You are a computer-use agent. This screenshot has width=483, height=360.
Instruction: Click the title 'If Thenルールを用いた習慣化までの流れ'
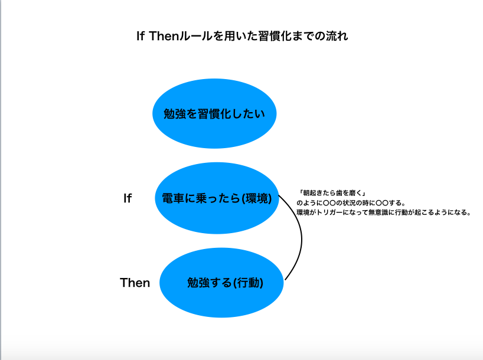click(x=242, y=36)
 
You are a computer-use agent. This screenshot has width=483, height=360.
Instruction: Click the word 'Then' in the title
click(x=164, y=36)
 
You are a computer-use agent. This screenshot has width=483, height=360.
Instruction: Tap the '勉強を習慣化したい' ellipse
click(x=214, y=114)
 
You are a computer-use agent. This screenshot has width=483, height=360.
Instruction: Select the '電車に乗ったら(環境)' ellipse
click(x=217, y=198)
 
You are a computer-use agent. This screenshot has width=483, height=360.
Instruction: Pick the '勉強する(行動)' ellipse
click(x=221, y=283)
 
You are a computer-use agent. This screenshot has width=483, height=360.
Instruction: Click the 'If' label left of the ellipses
click(x=128, y=198)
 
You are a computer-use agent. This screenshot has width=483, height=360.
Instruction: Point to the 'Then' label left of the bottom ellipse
click(x=135, y=283)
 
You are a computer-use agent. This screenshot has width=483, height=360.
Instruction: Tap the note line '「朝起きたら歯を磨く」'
click(x=331, y=193)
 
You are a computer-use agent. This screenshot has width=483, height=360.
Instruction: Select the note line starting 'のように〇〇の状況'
click(x=351, y=203)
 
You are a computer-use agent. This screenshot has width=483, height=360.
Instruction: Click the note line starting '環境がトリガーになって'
click(x=383, y=212)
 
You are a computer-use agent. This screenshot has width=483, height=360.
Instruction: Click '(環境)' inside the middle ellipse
click(x=256, y=198)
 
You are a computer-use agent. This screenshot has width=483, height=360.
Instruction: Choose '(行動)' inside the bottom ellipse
click(x=248, y=283)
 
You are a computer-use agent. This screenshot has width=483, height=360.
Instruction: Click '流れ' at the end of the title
click(x=337, y=36)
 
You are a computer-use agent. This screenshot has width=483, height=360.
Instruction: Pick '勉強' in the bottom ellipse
click(x=198, y=283)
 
